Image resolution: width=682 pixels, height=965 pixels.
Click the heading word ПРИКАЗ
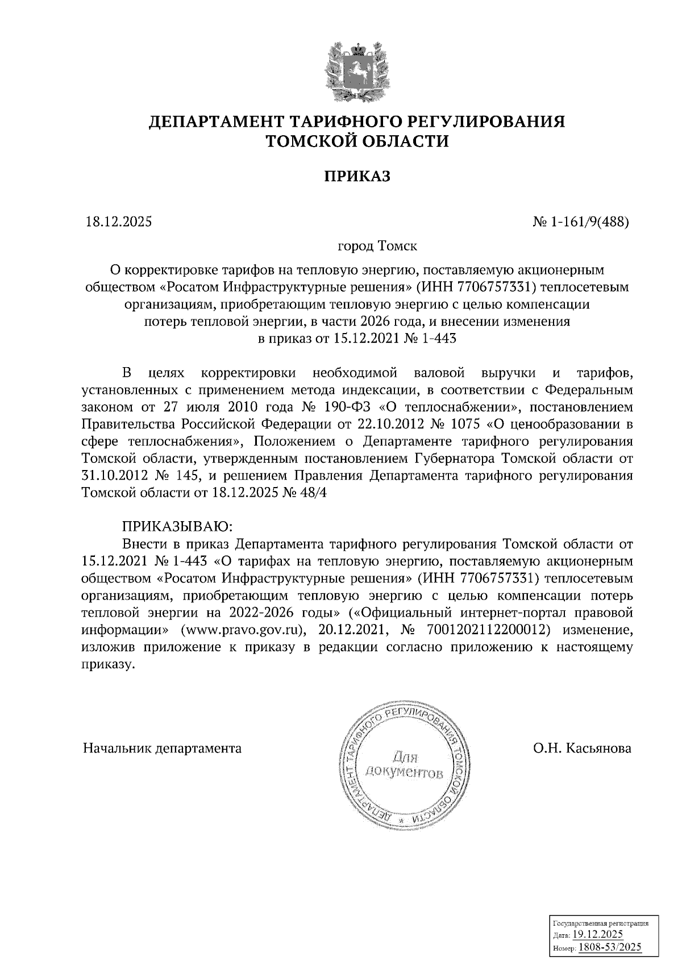point(357,177)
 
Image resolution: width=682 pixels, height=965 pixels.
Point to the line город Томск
point(377,247)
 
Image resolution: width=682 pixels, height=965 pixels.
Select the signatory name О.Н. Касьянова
point(582,748)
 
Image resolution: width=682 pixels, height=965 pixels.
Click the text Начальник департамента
point(163,748)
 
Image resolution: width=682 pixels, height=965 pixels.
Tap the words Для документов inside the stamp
point(405,764)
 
